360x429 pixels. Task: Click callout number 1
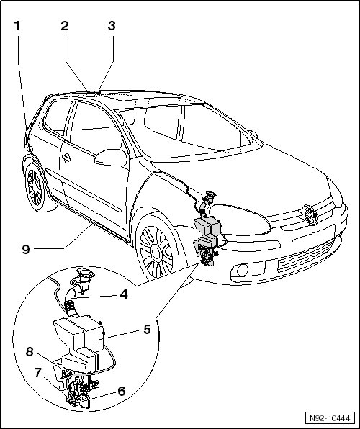pos(17,26)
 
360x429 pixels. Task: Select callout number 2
pos(65,26)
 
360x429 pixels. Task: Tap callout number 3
pos(112,26)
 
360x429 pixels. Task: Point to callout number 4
pos(124,294)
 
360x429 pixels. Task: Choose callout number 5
pos(148,330)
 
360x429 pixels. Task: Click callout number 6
pos(121,392)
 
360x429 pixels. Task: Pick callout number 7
pos(37,373)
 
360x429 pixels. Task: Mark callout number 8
pos(30,351)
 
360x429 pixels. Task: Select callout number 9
pos(26,250)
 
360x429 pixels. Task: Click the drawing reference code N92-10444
pos(330,418)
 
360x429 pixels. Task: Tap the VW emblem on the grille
pos(311,215)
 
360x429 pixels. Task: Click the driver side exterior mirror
pos(111,158)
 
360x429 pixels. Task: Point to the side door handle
pos(66,158)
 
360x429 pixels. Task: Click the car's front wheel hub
pos(156,253)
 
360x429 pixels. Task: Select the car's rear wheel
pos(36,187)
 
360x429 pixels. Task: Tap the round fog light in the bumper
pos(243,271)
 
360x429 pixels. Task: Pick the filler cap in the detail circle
pos(85,273)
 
